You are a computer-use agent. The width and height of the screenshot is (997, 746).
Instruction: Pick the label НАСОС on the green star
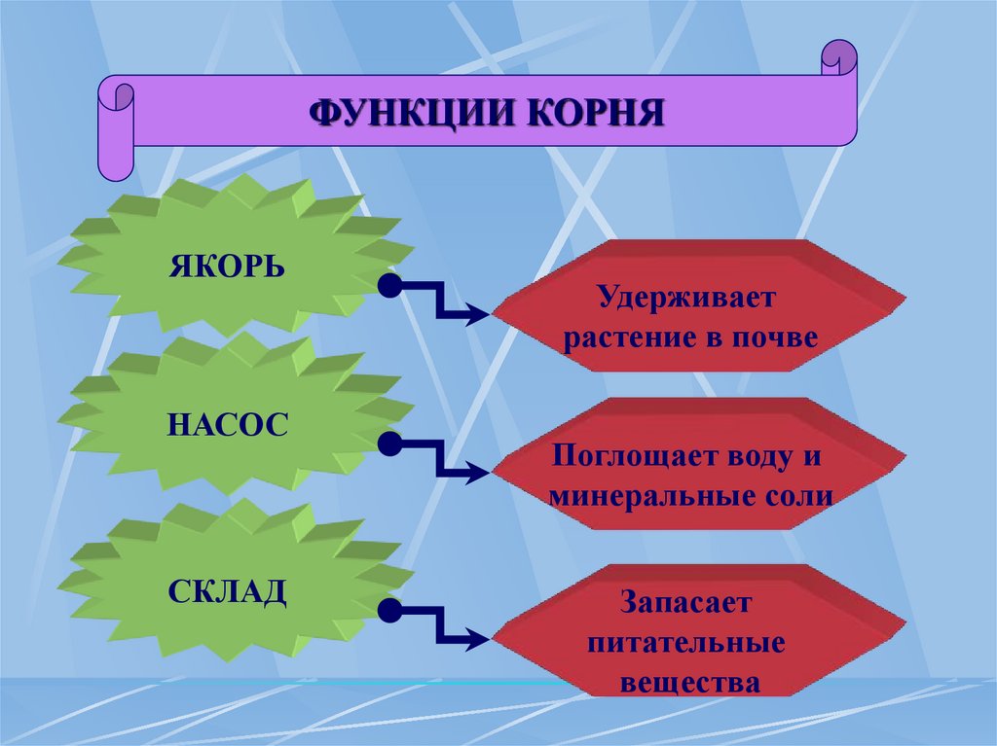click(227, 425)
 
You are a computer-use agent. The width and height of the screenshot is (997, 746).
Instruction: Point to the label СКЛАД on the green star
click(227, 590)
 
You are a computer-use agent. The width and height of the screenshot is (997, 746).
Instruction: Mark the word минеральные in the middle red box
click(646, 496)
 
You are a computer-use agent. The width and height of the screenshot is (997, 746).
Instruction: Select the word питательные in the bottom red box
click(689, 642)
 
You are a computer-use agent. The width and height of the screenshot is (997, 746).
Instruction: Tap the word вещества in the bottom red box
click(689, 683)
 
